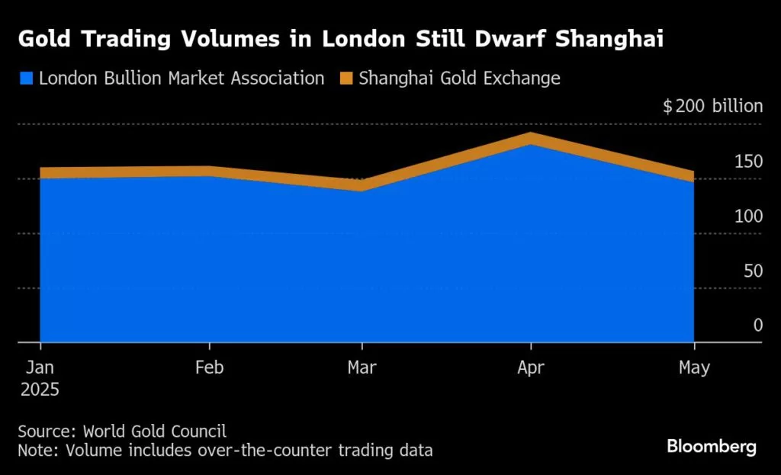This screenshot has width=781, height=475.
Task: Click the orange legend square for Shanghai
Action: pyautogui.click(x=346, y=78)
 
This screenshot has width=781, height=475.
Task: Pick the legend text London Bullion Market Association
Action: pyautogui.click(x=182, y=78)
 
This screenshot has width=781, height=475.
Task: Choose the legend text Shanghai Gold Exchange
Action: pyautogui.click(x=460, y=78)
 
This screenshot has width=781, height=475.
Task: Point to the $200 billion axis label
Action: pyautogui.click(x=712, y=106)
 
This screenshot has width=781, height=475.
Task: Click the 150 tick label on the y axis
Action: pyautogui.click(x=748, y=161)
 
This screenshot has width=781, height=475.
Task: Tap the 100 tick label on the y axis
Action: pyautogui.click(x=748, y=216)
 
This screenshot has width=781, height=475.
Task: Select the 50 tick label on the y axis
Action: pyautogui.click(x=753, y=271)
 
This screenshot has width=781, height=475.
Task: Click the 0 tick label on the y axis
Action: pyautogui.click(x=757, y=326)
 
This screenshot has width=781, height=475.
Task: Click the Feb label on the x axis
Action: pyautogui.click(x=210, y=367)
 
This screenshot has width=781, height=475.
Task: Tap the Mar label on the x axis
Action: pyautogui.click(x=362, y=367)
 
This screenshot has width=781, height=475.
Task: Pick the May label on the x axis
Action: pyautogui.click(x=693, y=367)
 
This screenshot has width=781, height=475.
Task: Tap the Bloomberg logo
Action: pyautogui.click(x=712, y=447)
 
